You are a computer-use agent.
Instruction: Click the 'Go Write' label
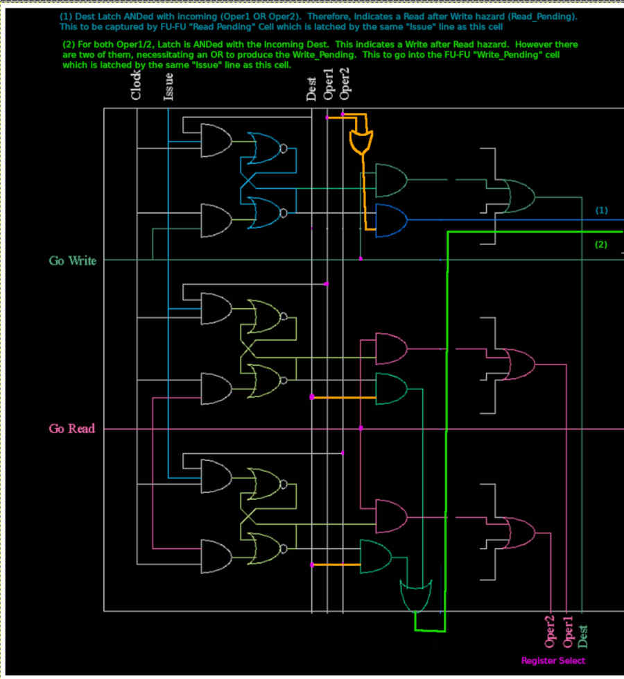click(x=72, y=261)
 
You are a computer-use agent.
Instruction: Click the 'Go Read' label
click(x=71, y=429)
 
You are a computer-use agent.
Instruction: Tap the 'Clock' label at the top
click(x=137, y=84)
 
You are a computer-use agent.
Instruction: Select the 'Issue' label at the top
click(x=168, y=87)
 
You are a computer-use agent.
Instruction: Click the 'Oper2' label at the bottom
click(x=550, y=630)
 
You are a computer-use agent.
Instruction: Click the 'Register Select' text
click(x=553, y=661)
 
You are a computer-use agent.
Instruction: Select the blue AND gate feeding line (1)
click(x=390, y=221)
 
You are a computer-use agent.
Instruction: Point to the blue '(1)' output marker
click(x=602, y=210)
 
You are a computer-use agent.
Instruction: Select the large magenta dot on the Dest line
click(x=312, y=396)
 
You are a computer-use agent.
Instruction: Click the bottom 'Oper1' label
click(x=567, y=630)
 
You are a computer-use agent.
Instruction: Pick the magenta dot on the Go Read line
click(x=361, y=428)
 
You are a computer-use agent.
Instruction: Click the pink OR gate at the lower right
click(x=521, y=533)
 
